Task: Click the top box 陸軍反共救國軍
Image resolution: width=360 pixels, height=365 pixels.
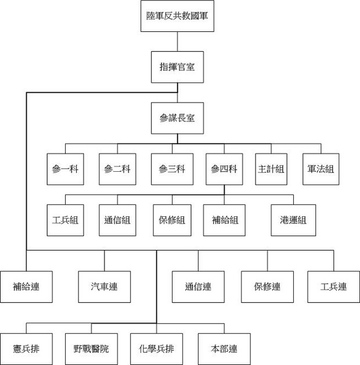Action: tap(177, 16)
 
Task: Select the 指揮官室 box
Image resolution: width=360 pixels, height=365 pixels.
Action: tap(177, 67)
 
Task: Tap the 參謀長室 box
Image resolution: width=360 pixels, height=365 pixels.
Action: tap(177, 118)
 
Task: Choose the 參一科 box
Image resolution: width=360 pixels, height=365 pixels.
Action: tap(65, 169)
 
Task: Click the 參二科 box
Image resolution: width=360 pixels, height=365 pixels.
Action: tap(117, 169)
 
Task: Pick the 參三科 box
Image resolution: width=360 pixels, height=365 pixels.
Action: tap(172, 169)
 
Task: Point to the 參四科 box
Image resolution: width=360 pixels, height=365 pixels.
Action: tap(224, 169)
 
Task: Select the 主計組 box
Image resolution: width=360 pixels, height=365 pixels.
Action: tap(271, 169)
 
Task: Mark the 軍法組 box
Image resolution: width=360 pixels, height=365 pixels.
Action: tap(321, 169)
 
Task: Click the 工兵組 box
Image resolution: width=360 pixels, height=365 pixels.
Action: tap(65, 220)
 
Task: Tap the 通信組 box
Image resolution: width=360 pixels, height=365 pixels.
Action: tap(117, 220)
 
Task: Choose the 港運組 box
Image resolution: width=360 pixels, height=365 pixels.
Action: tap(293, 220)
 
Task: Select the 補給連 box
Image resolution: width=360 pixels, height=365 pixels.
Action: tap(26, 287)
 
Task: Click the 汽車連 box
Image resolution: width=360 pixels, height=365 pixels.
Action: tap(105, 287)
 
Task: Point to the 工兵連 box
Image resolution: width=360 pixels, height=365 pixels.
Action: tap(334, 287)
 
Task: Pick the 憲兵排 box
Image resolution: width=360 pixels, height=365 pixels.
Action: tap(26, 349)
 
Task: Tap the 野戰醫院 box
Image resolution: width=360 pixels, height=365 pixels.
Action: tap(91, 349)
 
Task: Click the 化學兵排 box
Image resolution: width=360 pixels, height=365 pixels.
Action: tap(156, 349)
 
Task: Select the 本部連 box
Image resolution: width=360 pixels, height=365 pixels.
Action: tap(224, 349)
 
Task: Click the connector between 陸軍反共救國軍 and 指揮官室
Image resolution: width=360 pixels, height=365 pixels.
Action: tap(178, 41)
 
